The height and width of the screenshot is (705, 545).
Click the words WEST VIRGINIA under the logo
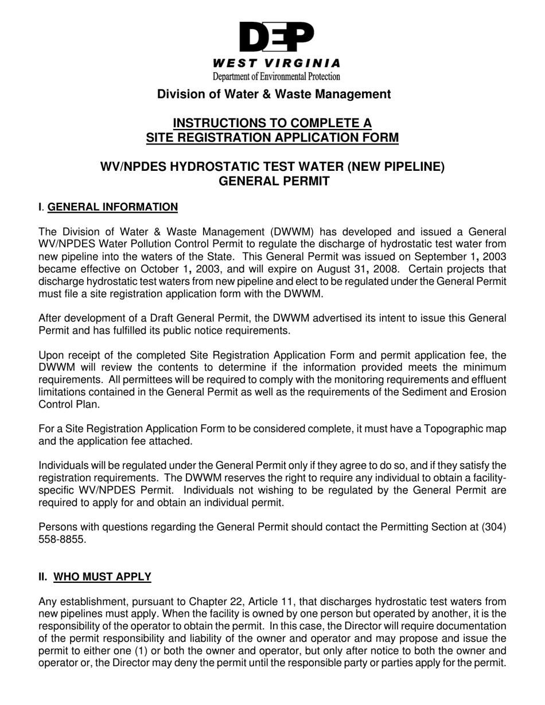click(276, 63)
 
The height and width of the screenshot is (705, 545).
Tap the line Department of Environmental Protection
click(276, 76)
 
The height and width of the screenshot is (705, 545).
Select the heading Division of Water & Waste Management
click(274, 94)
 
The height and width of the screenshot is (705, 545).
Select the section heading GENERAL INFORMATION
click(112, 207)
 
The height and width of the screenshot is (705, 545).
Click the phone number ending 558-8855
click(62, 539)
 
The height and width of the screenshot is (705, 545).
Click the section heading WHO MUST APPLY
click(102, 577)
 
